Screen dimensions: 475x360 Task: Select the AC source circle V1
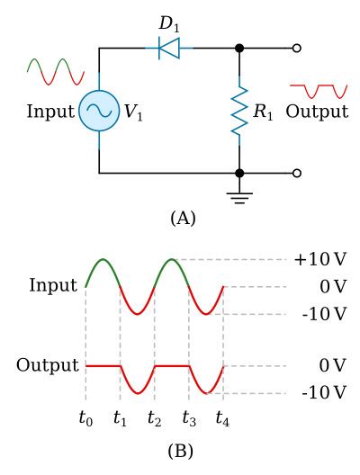coord(98,112)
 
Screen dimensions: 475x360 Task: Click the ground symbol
coord(239,197)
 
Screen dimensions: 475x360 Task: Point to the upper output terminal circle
coord(297,49)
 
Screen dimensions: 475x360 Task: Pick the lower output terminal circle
coord(297,173)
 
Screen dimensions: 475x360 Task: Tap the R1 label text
coord(265,112)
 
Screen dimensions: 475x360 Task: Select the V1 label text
coord(132,112)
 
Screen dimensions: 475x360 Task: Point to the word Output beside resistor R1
coord(317,112)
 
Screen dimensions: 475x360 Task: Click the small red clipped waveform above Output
coord(318,89)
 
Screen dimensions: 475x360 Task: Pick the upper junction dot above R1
coord(239,49)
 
